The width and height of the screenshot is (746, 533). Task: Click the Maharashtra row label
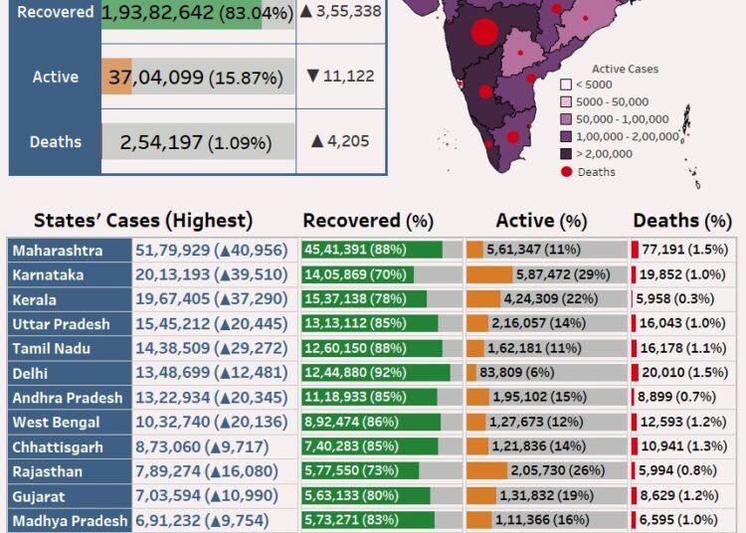click(x=58, y=251)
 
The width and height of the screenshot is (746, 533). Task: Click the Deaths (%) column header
click(x=681, y=221)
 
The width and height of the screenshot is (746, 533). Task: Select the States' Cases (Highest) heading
click(x=143, y=221)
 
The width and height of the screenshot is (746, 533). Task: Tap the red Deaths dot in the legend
click(x=567, y=172)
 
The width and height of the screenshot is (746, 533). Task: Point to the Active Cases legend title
click(x=625, y=70)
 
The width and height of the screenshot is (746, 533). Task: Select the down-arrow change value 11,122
click(x=339, y=76)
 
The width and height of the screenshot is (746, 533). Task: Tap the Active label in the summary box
click(x=55, y=77)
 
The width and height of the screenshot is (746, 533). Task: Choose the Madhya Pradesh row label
click(x=70, y=520)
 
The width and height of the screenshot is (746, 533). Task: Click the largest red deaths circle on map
click(x=483, y=32)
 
